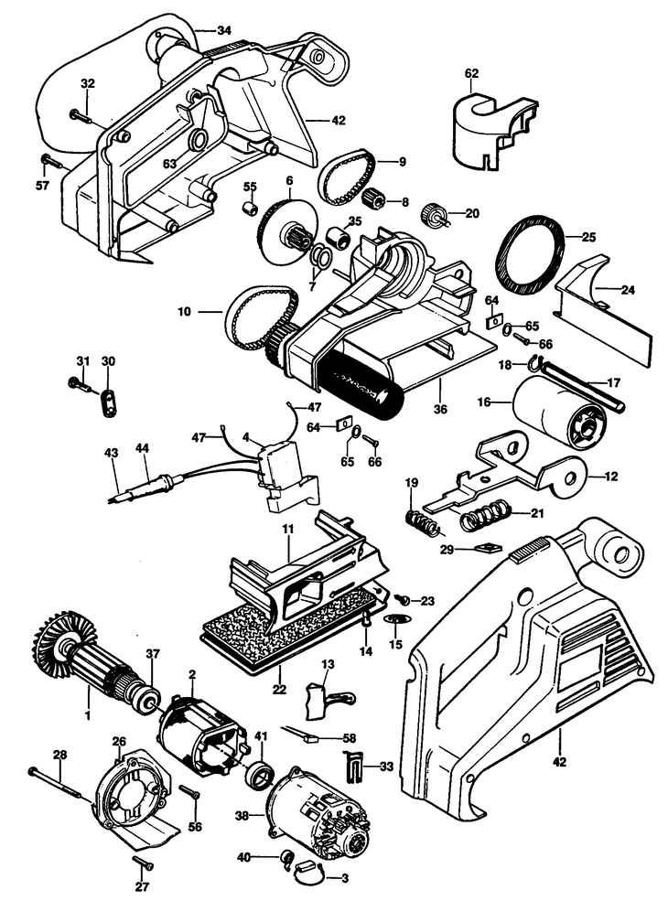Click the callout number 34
click(x=224, y=30)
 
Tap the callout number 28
click(x=60, y=754)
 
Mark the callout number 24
click(x=627, y=291)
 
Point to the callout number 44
click(x=141, y=447)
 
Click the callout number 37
click(x=153, y=654)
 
